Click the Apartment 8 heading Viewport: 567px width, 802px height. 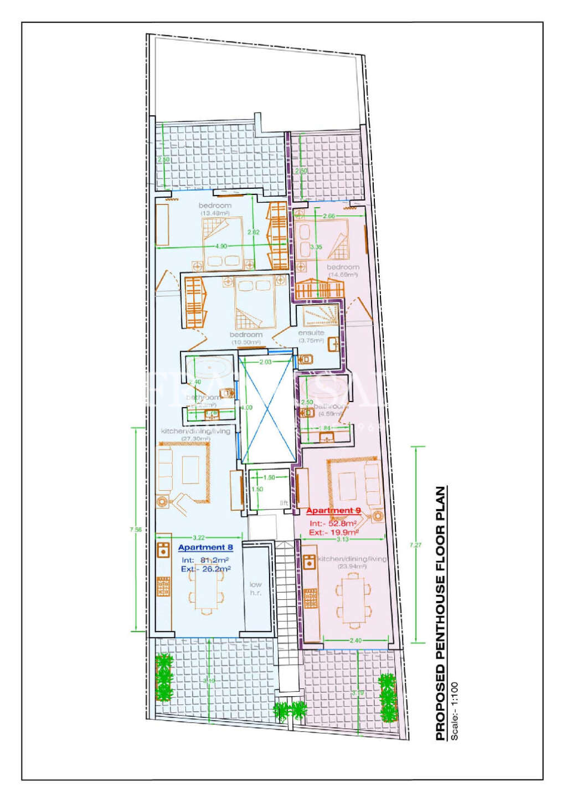tap(205, 547)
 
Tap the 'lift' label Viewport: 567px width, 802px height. tap(284, 503)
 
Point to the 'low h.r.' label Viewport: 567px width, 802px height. tap(255, 588)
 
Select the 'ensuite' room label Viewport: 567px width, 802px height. tap(311, 333)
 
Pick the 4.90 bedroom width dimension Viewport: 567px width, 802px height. tap(221, 246)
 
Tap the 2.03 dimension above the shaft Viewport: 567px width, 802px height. tap(265, 362)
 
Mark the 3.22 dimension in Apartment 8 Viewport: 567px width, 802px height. tap(199, 537)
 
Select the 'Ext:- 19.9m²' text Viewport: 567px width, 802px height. tap(334, 532)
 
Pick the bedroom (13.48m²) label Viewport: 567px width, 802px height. tap(215, 209)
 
